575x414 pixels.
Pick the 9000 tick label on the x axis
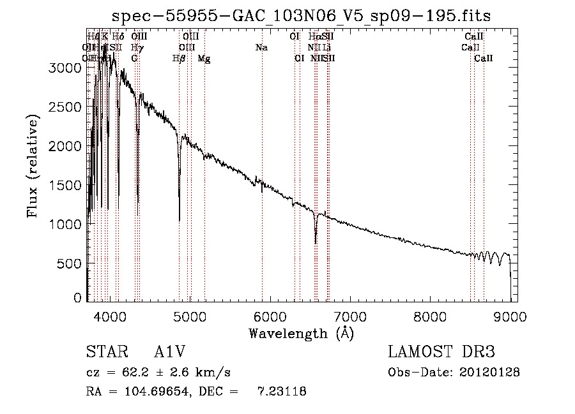[510, 316]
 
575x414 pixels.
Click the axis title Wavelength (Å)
[301, 333]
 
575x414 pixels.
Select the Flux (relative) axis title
[33, 166]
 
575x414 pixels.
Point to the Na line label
[261, 47]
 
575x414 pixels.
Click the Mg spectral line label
[204, 59]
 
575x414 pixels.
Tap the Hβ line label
[179, 59]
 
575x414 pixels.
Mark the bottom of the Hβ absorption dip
[179, 221]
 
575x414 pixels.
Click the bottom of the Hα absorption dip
[316, 243]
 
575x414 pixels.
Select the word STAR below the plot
[103, 353]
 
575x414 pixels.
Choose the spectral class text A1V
[168, 353]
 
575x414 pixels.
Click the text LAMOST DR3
[441, 353]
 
